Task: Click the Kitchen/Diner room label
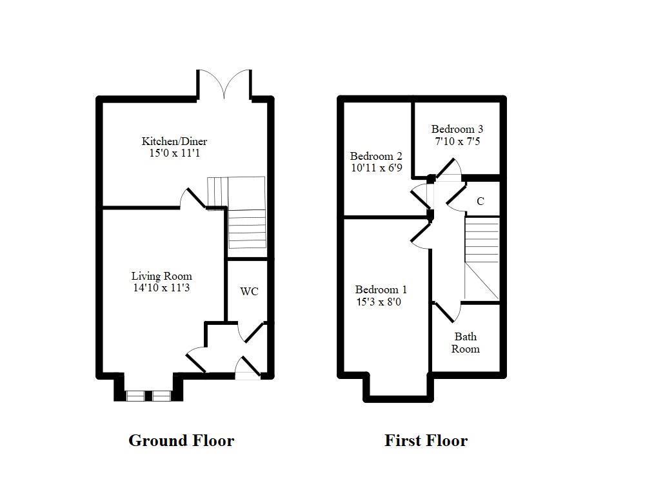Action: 174,141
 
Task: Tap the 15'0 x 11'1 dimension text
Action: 174,153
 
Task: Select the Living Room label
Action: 161,276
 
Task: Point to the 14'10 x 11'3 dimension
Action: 161,288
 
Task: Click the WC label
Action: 249,291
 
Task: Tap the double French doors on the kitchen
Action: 224,85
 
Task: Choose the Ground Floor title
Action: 181,441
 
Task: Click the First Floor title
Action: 426,441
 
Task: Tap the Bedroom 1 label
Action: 381,289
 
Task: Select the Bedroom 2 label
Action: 376,156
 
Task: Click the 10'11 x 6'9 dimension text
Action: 376,168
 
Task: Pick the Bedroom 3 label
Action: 457,129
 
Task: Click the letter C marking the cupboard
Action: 481,202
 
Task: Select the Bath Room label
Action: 465,342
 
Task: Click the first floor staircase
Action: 482,258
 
